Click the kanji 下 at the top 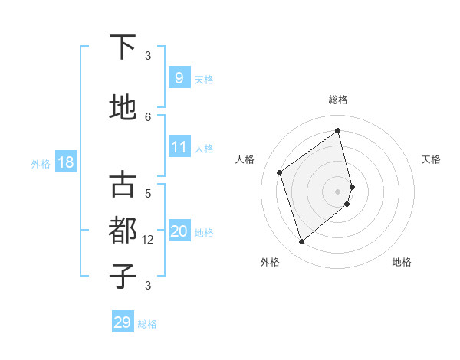click(x=123, y=47)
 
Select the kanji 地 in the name click(x=123, y=109)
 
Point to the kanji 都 click(x=123, y=231)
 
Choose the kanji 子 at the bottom click(x=123, y=277)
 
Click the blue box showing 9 click(x=179, y=77)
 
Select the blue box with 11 click(x=179, y=146)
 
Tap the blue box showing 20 click(x=179, y=231)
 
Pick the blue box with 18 click(x=65, y=162)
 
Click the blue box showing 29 click(x=123, y=322)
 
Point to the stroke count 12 click(x=148, y=239)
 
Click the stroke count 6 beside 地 click(x=148, y=116)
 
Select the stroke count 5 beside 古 click(x=148, y=194)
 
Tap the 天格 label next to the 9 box click(x=204, y=79)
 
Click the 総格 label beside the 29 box click(x=147, y=324)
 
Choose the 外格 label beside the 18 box click(x=41, y=163)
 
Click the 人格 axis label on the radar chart click(x=245, y=159)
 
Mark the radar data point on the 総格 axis click(x=338, y=130)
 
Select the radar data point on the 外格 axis click(x=301, y=242)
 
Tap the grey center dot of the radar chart click(x=338, y=190)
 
